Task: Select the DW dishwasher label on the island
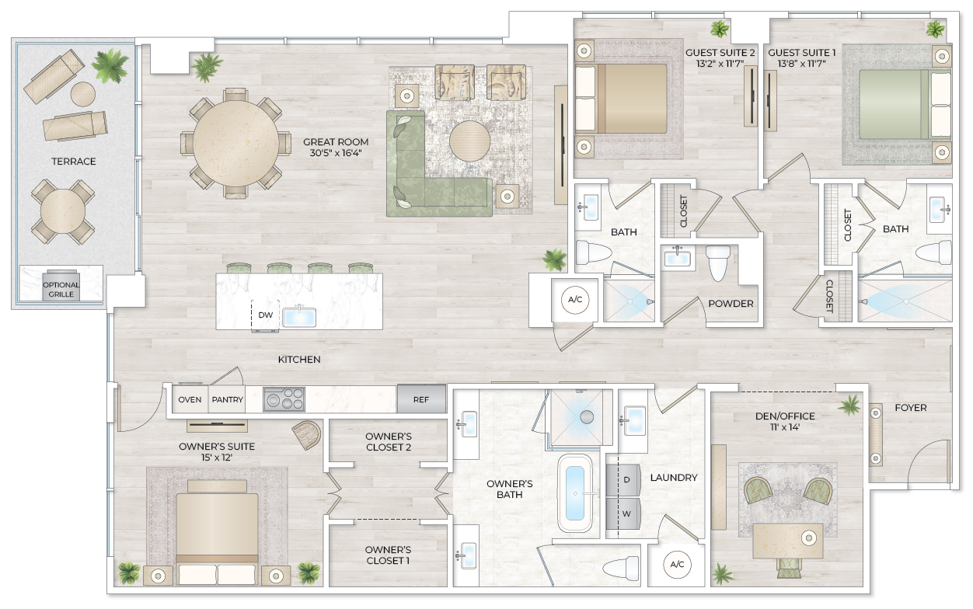(265, 315)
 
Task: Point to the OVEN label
(190, 399)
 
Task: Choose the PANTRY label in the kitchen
(228, 399)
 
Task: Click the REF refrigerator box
(421, 399)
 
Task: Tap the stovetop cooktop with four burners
(284, 399)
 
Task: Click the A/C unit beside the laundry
(676, 565)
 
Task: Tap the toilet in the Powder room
(719, 263)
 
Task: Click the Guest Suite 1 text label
(802, 53)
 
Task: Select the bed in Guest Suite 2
(622, 99)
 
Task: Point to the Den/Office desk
(788, 540)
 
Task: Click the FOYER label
(910, 407)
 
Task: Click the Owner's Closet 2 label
(389, 441)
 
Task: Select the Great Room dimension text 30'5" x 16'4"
(336, 154)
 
